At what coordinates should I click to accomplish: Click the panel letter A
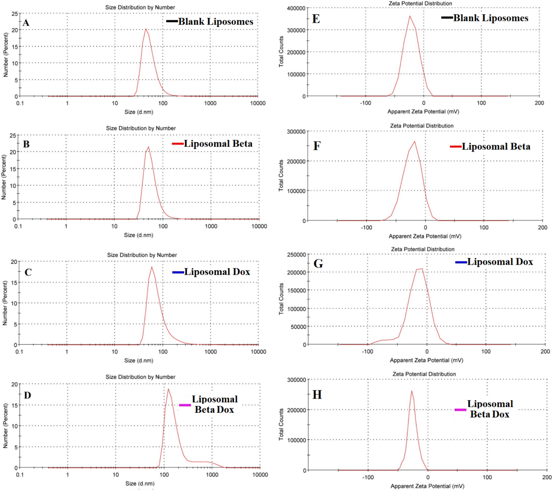click(x=26, y=22)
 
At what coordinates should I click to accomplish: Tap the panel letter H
click(x=317, y=395)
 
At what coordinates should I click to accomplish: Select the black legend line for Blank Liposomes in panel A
click(x=172, y=21)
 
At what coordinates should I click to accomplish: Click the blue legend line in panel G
click(x=461, y=262)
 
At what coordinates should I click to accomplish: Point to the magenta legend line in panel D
click(x=185, y=405)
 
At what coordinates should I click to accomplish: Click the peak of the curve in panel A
click(x=145, y=29)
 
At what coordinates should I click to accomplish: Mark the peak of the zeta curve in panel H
click(x=412, y=391)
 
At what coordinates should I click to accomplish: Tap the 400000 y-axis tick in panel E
click(x=296, y=8)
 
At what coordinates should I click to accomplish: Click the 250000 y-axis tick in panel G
click(x=296, y=254)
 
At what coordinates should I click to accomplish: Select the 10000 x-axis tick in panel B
click(x=259, y=226)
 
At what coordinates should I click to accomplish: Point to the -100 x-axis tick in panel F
click(x=366, y=228)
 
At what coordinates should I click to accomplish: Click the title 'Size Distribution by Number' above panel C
click(x=142, y=255)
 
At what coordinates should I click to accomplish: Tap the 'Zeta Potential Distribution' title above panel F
click(x=422, y=126)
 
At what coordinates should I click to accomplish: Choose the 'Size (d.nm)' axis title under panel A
click(x=139, y=112)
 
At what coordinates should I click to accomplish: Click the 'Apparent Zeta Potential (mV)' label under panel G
click(x=426, y=360)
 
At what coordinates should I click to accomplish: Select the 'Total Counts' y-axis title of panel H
click(x=281, y=424)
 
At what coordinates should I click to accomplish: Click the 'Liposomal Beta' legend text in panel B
click(x=218, y=144)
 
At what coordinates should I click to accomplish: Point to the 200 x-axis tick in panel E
click(x=539, y=103)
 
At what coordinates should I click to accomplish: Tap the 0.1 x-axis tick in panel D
click(x=20, y=475)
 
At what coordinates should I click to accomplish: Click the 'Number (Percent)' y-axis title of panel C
click(x=5, y=303)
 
